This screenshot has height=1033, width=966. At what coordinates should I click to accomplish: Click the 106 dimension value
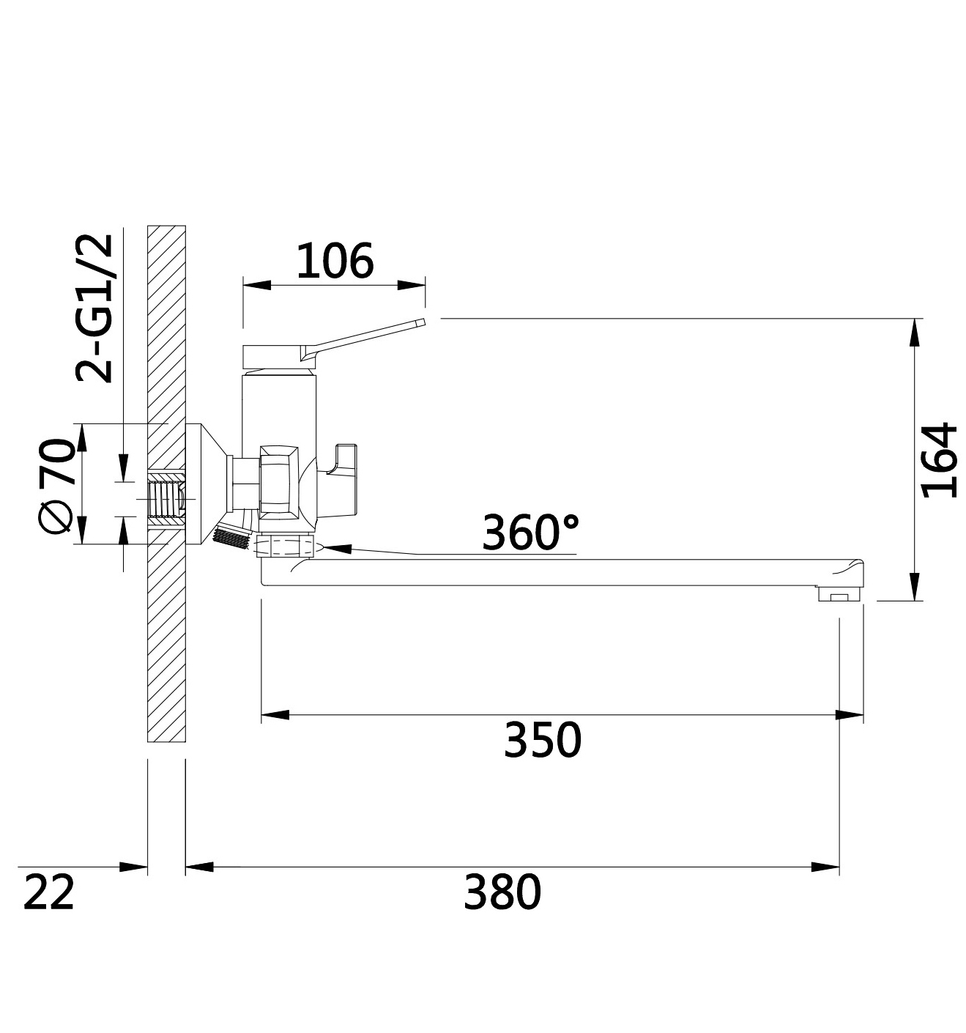335,261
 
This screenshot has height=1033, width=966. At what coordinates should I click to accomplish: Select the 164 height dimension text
939,460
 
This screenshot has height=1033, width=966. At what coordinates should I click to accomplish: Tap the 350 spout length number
542,739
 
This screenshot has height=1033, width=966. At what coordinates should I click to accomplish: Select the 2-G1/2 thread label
94,308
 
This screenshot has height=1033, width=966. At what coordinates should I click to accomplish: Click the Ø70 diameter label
56,485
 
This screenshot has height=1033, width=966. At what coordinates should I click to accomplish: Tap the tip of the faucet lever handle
423,322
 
